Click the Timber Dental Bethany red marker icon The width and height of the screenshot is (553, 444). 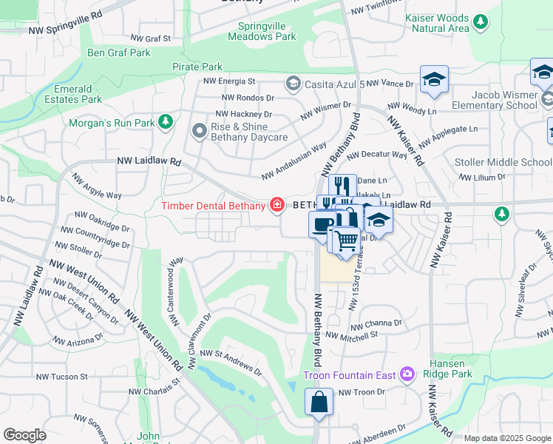[x=277, y=204]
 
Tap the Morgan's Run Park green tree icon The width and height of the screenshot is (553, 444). [x=167, y=121]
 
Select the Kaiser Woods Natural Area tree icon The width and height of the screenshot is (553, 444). [x=481, y=20]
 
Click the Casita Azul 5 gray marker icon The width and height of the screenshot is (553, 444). [x=294, y=84]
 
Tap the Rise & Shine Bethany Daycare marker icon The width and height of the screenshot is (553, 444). [x=199, y=132]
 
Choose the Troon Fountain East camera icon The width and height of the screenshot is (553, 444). [x=406, y=375]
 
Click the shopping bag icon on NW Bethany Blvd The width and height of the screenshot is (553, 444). [x=319, y=403]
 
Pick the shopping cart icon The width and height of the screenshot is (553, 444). [x=345, y=239]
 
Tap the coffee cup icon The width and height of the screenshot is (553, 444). [x=322, y=223]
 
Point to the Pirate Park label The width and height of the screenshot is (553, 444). [x=197, y=67]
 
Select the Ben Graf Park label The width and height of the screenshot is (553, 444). [x=119, y=53]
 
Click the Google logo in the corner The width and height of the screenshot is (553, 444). [x=24, y=435]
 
